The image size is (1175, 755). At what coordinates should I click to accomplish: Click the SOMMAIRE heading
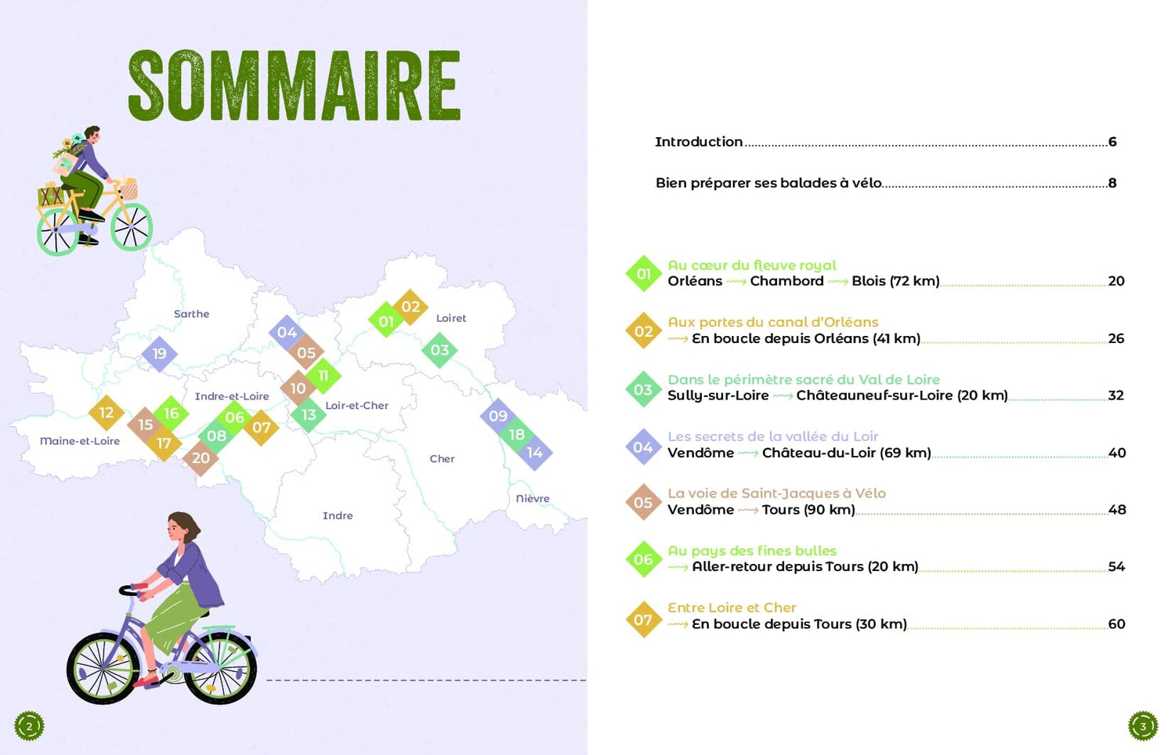[295, 86]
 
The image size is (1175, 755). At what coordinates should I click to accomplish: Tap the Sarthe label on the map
[191, 314]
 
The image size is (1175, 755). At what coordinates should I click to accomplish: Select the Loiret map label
[450, 318]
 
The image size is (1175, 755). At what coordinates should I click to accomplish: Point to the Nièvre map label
[533, 498]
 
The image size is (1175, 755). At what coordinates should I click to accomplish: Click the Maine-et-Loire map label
[80, 441]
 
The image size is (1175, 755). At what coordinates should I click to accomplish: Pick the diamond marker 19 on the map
[160, 353]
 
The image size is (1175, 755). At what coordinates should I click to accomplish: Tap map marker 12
[107, 413]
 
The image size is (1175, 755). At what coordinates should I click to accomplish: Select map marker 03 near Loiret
[439, 350]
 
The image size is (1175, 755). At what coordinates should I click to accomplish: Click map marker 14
[534, 453]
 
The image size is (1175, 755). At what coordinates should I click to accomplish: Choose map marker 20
[201, 458]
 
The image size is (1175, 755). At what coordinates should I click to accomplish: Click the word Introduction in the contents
[699, 142]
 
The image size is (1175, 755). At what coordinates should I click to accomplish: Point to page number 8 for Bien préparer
[1112, 183]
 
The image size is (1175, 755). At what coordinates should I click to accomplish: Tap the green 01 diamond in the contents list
[644, 274]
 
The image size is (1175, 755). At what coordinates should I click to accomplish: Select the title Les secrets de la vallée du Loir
[772, 436]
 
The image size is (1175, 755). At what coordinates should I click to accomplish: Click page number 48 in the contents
[1116, 510]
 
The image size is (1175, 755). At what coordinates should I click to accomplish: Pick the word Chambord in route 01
[786, 281]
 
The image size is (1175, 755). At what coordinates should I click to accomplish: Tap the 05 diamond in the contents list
[643, 503]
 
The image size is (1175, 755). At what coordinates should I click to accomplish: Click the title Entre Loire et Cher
[732, 608]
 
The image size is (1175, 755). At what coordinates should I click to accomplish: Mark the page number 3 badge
[1142, 726]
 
